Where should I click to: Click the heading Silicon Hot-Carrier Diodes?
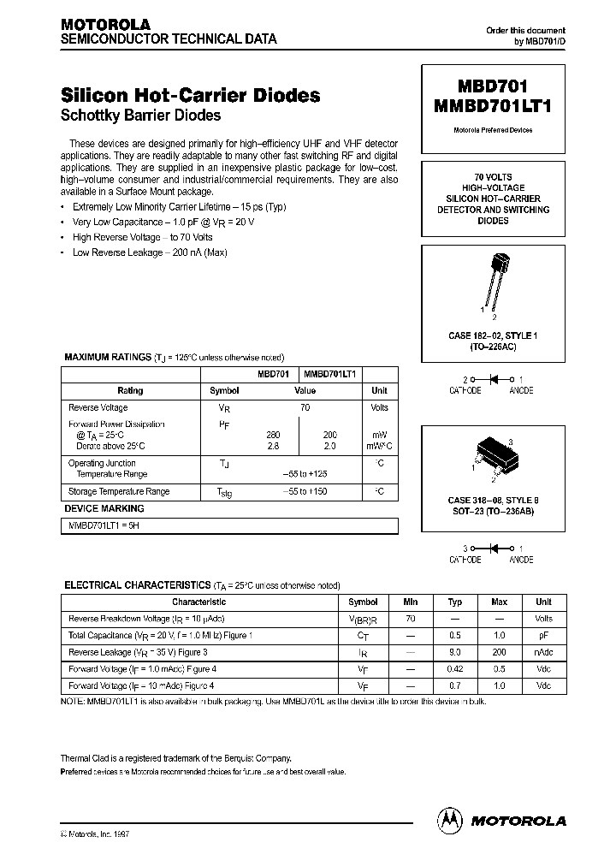click(191, 95)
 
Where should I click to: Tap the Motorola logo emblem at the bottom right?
click(447, 820)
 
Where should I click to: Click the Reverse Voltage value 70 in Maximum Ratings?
click(305, 408)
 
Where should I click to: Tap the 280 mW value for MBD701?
click(274, 435)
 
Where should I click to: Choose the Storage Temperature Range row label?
click(119, 492)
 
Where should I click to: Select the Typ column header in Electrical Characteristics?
click(455, 602)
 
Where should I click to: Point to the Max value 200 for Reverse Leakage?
click(500, 651)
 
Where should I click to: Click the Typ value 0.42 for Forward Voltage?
click(455, 668)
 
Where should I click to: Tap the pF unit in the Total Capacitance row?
click(543, 635)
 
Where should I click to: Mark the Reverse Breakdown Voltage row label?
click(146, 619)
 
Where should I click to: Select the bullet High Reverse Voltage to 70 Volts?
click(142, 237)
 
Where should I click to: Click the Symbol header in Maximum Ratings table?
click(224, 391)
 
